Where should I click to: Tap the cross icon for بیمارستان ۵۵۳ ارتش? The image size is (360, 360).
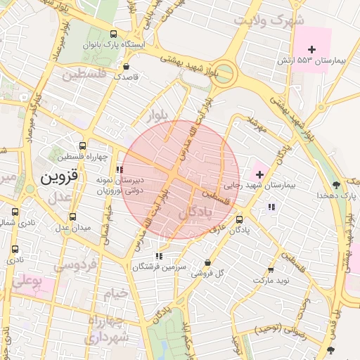(x=312, y=49)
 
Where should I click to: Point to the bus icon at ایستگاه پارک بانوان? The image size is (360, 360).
(x=114, y=33)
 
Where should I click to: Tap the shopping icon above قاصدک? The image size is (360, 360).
(x=126, y=67)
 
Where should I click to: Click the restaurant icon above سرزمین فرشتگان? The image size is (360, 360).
(x=160, y=256)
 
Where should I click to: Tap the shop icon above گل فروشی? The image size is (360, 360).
(x=207, y=262)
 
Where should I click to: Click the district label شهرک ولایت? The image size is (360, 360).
(x=262, y=20)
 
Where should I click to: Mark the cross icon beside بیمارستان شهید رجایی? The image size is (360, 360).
(x=259, y=173)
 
